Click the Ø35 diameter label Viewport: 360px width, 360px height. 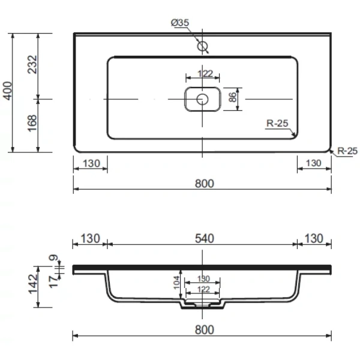[180, 23]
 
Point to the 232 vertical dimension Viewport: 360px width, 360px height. [32, 65]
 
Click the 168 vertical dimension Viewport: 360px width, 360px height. [32, 125]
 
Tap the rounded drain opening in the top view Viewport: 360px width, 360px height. [202, 99]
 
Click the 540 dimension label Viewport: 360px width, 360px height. [204, 238]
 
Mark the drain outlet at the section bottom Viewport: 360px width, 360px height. [202, 305]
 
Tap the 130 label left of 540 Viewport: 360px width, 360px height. [89, 238]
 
